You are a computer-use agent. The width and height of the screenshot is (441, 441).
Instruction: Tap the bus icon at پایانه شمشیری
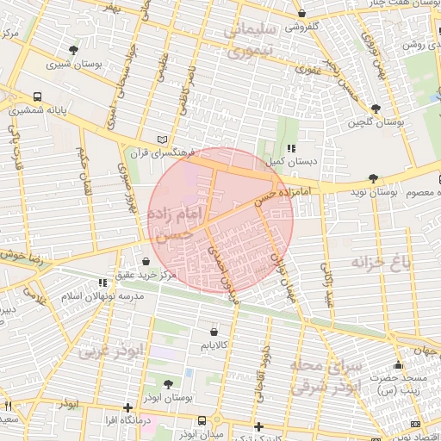38,97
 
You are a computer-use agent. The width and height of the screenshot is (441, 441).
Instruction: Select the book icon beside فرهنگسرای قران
165,140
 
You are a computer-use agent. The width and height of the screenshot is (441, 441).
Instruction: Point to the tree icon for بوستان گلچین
376,109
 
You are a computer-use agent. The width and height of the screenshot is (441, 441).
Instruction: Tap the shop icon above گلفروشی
301,14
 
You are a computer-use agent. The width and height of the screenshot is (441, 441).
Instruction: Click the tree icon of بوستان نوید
371,178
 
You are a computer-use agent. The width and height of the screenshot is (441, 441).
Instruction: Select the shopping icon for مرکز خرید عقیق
145,262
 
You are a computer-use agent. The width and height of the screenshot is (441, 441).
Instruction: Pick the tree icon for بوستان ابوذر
166,384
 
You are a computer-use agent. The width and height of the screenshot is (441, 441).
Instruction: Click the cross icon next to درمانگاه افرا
127,407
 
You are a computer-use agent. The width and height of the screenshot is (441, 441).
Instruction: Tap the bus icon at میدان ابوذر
202,420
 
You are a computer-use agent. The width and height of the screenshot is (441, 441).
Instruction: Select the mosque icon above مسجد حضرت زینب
397,365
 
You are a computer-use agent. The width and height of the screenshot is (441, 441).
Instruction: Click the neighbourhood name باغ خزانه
395,259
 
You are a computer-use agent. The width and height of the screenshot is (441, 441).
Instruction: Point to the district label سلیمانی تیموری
259,40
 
